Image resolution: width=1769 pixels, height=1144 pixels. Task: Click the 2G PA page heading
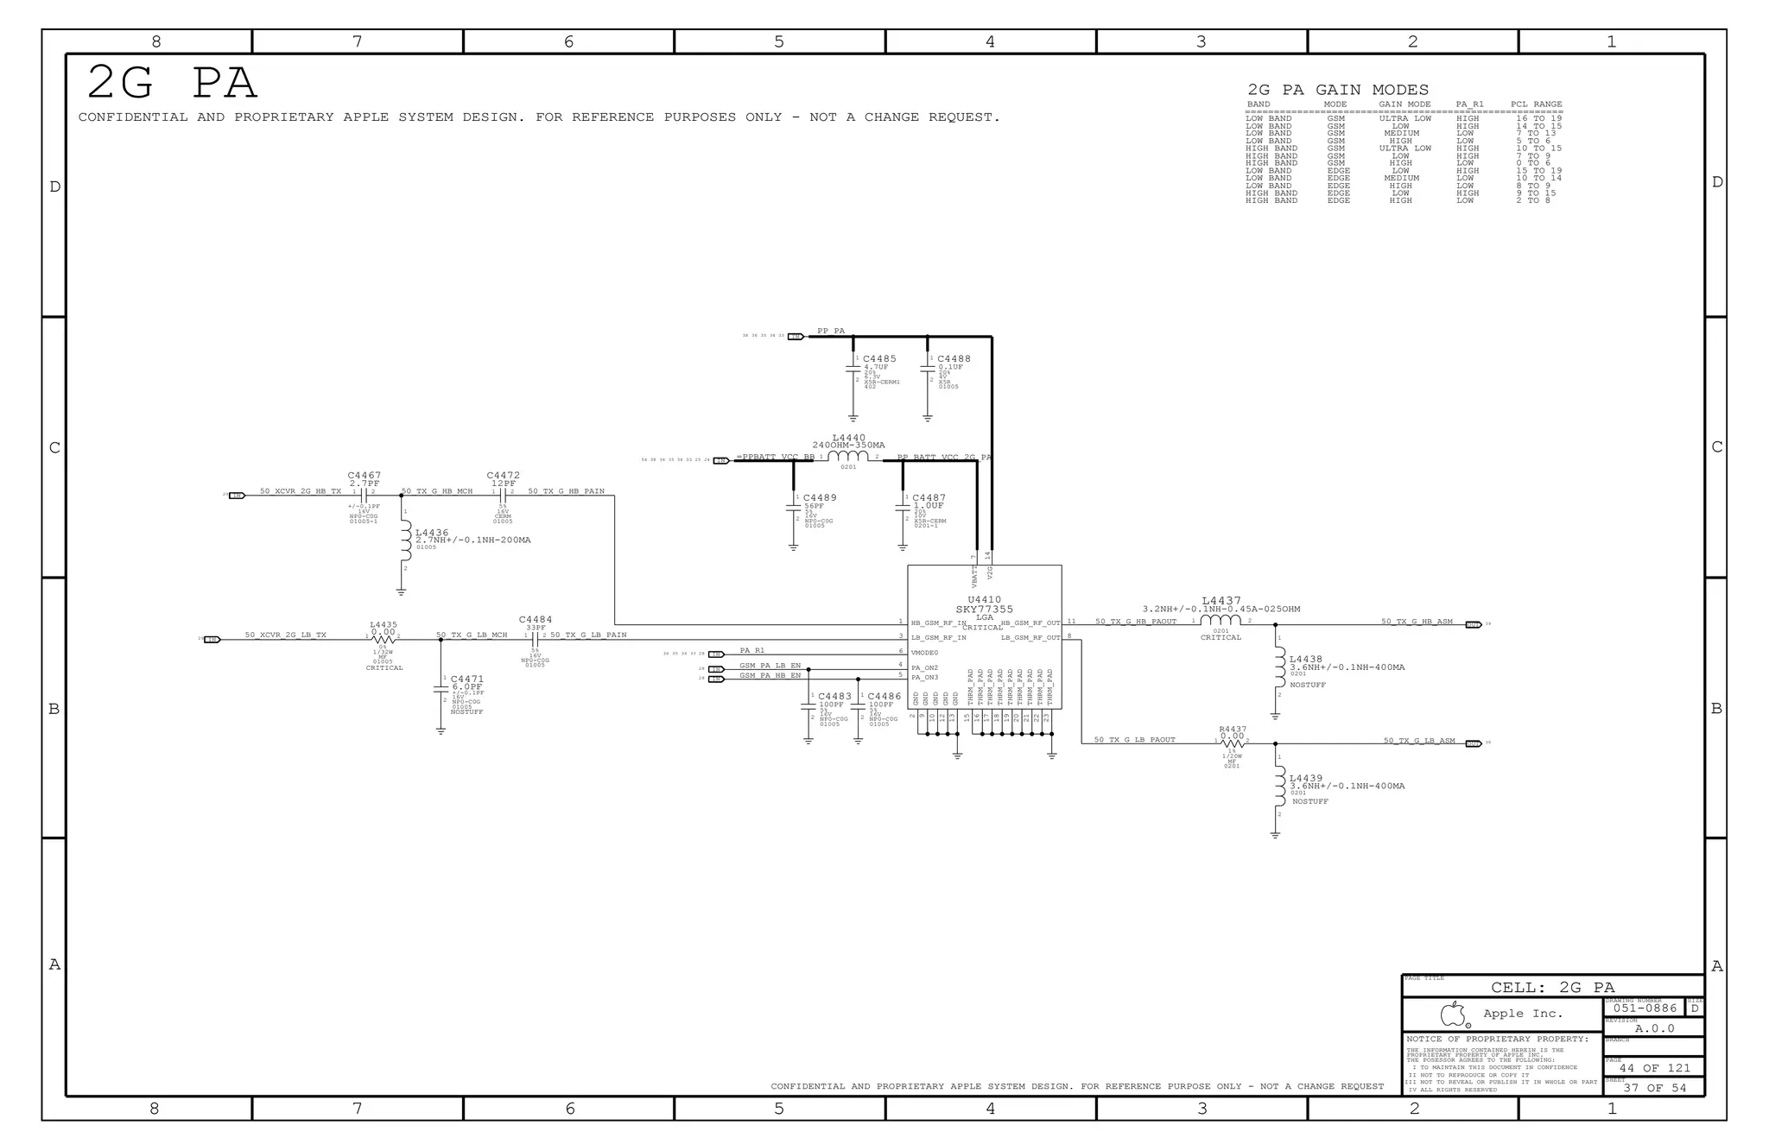(x=172, y=83)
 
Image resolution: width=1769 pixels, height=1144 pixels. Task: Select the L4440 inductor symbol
(x=848, y=457)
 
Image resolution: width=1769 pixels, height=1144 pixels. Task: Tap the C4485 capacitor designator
(x=879, y=358)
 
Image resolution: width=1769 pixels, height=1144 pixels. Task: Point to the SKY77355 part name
(x=984, y=610)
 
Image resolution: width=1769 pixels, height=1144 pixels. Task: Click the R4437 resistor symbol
(x=1233, y=743)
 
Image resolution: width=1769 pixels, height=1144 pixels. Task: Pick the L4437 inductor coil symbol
(x=1221, y=621)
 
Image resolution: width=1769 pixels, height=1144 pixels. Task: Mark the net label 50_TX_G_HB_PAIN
(x=566, y=491)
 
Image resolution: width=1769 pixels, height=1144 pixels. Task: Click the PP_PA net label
(x=831, y=332)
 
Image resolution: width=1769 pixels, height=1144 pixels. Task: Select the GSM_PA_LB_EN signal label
(x=770, y=666)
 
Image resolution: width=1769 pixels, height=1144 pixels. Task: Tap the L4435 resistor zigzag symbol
(x=384, y=639)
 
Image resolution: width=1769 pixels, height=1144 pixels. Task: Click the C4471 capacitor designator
(x=467, y=679)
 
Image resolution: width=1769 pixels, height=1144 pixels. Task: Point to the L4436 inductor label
(x=432, y=533)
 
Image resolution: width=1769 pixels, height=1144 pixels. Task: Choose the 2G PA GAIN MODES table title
(x=1338, y=90)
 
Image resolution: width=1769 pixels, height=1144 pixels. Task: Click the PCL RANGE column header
(x=1536, y=104)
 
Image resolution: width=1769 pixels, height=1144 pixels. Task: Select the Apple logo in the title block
(x=1454, y=1014)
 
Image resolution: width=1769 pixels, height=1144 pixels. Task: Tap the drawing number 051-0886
(x=1645, y=1008)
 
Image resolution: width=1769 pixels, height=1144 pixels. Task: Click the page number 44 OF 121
(x=1654, y=1068)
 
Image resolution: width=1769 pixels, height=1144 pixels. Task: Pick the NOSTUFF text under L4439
(x=1309, y=802)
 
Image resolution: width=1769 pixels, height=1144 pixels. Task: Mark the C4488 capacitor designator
(x=954, y=358)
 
